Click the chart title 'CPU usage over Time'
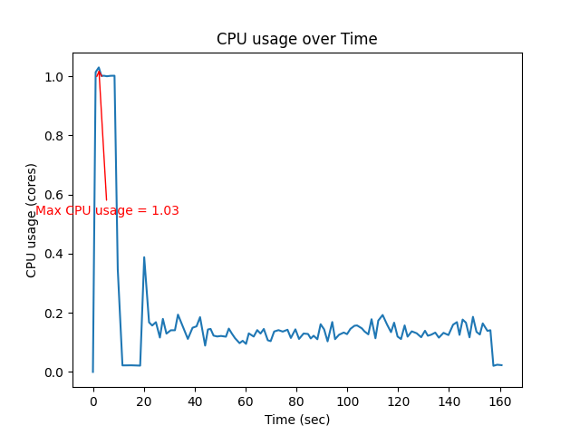tap(296, 39)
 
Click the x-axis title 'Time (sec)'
tap(296, 420)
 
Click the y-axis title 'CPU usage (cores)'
tap(32, 220)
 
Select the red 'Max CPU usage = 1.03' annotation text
tap(107, 210)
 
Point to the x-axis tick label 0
tap(92, 401)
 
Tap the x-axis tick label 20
tap(143, 401)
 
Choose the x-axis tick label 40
tap(194, 401)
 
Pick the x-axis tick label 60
tap(245, 401)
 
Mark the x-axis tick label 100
tap(347, 401)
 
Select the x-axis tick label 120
tap(398, 401)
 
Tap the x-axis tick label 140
tap(449, 401)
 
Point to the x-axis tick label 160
tap(499, 401)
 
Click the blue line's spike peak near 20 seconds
tap(144, 257)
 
